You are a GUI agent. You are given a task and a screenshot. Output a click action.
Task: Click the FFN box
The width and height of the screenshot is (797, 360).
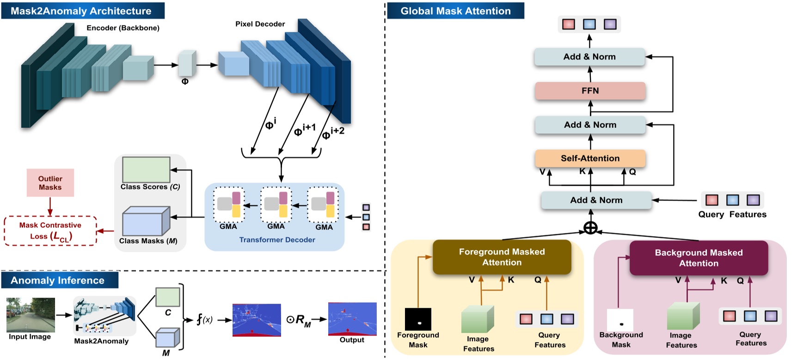(590, 91)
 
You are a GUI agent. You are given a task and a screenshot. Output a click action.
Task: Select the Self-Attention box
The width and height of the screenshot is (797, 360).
(590, 158)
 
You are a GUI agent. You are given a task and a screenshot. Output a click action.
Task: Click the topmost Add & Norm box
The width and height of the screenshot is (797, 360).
(589, 57)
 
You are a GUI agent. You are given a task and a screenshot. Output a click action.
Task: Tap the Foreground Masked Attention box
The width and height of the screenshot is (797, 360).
(502, 257)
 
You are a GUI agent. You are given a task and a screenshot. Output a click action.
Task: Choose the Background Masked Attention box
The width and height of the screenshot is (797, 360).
(699, 258)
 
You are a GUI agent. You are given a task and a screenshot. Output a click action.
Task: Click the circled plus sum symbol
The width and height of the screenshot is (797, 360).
(590, 228)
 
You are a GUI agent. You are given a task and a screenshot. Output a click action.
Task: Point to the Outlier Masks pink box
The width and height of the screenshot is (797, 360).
(50, 183)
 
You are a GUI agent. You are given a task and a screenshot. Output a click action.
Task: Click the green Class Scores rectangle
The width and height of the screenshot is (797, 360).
(146, 170)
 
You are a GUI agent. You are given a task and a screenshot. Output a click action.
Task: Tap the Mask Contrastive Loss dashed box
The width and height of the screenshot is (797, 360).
(50, 231)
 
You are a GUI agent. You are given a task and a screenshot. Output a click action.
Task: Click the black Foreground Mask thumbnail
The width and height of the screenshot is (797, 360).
(418, 319)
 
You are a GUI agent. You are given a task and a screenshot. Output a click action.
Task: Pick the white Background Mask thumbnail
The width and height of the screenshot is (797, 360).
(620, 320)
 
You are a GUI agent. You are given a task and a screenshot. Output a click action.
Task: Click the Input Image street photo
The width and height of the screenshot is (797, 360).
(31, 315)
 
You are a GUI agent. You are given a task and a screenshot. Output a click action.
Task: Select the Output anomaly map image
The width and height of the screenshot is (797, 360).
(352, 319)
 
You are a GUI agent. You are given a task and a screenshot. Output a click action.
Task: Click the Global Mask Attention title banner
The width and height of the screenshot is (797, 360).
(455, 11)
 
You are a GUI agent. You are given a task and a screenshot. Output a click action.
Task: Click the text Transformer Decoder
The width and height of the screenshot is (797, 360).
(277, 240)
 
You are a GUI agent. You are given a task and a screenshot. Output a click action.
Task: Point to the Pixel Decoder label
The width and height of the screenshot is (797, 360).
(260, 24)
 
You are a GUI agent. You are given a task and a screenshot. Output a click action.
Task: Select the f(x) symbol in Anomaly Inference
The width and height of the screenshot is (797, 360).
(205, 319)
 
